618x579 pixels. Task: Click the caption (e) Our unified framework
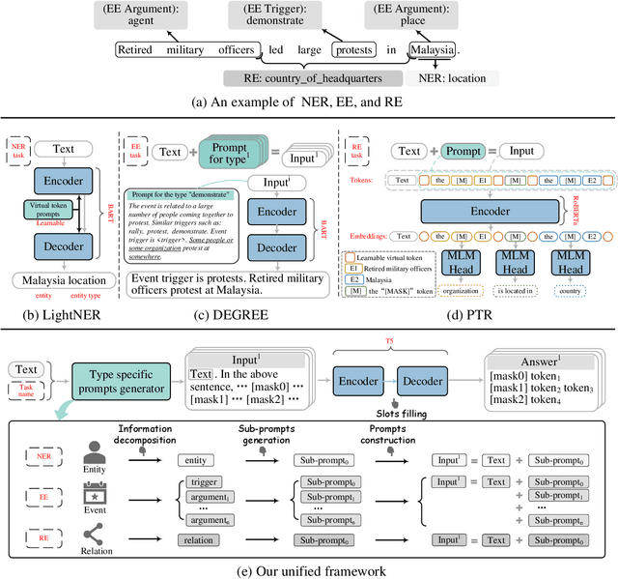tap(309, 569)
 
